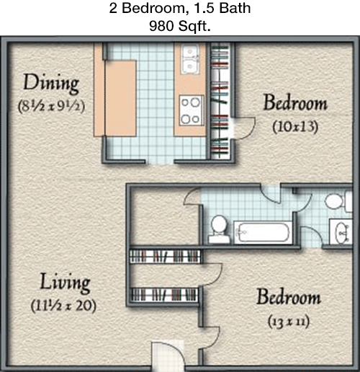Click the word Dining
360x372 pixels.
coord(51,83)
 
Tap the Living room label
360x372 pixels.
coord(65,283)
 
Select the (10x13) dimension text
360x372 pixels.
coord(295,126)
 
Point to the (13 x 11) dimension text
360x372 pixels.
coord(289,322)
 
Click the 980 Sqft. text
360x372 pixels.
coord(180,26)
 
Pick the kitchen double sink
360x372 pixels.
coord(190,59)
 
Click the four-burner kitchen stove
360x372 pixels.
coord(192,110)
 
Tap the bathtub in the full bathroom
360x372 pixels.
coord(263,232)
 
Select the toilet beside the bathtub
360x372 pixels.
coord(219,229)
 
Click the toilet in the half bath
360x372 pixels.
coord(338,201)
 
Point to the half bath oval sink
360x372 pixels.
coord(341,232)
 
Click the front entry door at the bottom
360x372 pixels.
coord(168,356)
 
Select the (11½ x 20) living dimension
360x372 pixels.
coord(63,306)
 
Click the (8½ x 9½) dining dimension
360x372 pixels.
coord(51,107)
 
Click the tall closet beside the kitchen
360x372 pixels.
coord(220,101)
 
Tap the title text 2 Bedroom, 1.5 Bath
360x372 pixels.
coord(180,8)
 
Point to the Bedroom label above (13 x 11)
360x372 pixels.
coord(289,297)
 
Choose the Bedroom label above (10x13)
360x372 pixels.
coord(295,102)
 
